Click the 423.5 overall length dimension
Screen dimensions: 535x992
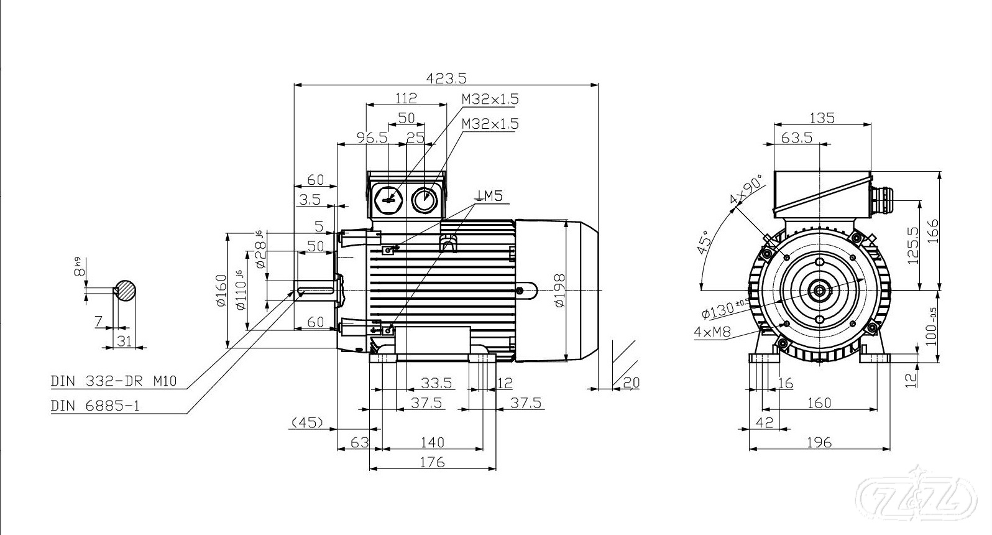click(446, 78)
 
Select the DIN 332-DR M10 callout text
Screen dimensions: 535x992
click(114, 381)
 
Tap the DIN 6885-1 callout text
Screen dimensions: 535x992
click(95, 406)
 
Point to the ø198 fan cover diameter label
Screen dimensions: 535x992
click(559, 291)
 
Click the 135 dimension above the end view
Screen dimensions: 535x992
click(822, 118)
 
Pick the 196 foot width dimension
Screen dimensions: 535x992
click(819, 442)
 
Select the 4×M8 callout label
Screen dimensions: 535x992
click(712, 332)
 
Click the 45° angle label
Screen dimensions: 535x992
click(704, 243)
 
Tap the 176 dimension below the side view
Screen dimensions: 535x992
click(432, 462)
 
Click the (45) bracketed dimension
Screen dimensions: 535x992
click(307, 423)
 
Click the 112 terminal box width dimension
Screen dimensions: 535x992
click(406, 98)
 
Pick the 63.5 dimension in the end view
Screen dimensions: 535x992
click(796, 137)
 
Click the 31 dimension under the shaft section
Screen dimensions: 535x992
click(125, 340)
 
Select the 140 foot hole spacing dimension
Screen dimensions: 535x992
click(432, 442)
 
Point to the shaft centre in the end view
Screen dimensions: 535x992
click(820, 290)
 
